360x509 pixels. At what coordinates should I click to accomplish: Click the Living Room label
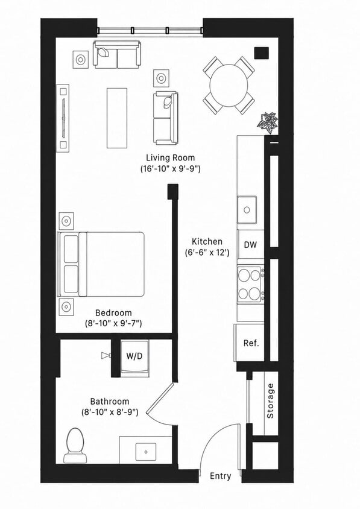pos(171,158)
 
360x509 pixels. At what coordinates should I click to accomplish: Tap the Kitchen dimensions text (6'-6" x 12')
pos(207,253)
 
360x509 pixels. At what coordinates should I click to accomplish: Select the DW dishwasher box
pos(250,244)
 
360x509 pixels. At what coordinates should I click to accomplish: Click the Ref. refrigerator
pos(250,343)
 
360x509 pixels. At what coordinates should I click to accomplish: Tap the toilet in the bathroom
pos(75,445)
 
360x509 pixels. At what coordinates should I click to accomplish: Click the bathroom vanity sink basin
pos(146,452)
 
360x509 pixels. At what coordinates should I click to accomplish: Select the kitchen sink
pos(247,210)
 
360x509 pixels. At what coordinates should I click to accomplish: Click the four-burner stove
pos(250,285)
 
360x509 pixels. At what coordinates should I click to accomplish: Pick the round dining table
pos(229,86)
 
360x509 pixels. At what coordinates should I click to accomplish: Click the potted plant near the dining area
pos(268,122)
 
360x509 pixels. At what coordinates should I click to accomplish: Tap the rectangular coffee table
pos(117,118)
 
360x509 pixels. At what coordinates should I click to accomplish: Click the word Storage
pos(270,400)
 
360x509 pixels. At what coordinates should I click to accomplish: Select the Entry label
pos(221,476)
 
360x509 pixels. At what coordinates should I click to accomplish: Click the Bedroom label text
pos(113,312)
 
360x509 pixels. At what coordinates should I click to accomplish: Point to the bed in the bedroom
pos(101,264)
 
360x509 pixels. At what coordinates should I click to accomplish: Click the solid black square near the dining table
pos(261,53)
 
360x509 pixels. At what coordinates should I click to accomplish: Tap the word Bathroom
pos(110,401)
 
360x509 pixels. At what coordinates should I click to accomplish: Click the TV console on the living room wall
pos(63,118)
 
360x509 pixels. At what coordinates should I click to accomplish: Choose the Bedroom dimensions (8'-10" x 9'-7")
pos(113,323)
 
